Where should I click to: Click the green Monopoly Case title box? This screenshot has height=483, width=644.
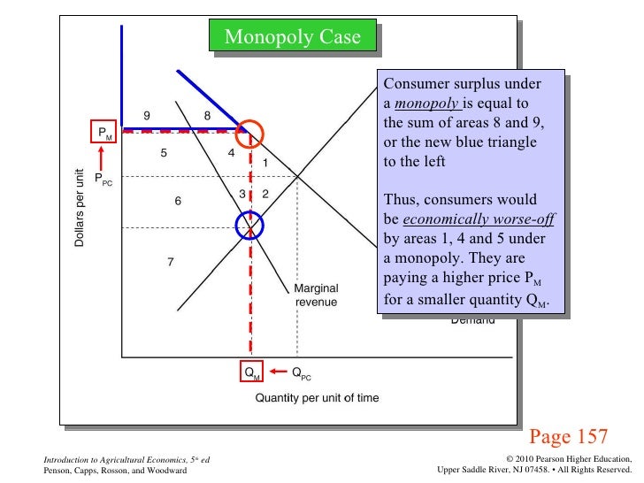[x=293, y=37]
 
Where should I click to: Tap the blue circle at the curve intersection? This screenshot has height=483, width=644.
[x=250, y=227]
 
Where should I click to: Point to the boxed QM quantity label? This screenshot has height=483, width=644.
[x=252, y=373]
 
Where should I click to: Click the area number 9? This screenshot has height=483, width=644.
[x=147, y=115]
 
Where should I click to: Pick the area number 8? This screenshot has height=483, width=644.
[x=207, y=115]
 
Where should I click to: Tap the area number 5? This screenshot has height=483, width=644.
[x=164, y=153]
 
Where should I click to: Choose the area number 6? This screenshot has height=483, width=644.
[x=178, y=201]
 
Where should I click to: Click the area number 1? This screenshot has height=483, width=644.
[x=264, y=163]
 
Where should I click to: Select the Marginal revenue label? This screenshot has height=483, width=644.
[x=316, y=295]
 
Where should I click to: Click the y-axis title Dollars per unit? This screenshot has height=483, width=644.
[x=80, y=208]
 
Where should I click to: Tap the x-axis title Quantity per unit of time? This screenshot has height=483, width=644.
[x=317, y=398]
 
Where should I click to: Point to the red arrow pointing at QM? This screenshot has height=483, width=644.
[x=280, y=372]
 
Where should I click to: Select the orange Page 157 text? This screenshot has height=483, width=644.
[x=568, y=436]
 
